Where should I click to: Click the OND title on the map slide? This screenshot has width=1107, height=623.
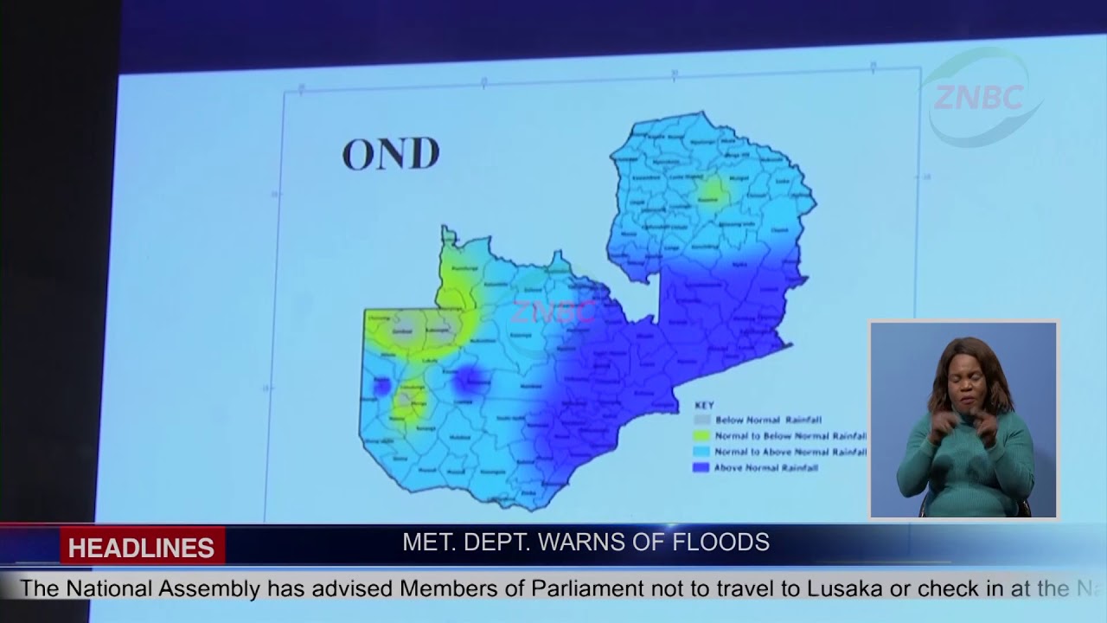click(x=391, y=154)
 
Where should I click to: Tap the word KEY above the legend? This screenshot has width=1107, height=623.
click(x=704, y=405)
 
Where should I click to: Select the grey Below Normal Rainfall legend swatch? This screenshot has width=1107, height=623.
click(x=701, y=420)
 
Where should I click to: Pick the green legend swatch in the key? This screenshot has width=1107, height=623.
click(x=701, y=435)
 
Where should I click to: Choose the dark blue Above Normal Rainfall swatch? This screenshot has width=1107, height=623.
click(x=701, y=467)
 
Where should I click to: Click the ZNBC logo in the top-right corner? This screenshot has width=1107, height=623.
click(x=977, y=97)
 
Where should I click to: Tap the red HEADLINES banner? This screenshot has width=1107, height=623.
click(x=142, y=548)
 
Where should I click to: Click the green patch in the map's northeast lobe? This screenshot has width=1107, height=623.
click(x=713, y=191)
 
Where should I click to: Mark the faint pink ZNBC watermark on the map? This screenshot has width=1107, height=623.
click(x=553, y=311)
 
